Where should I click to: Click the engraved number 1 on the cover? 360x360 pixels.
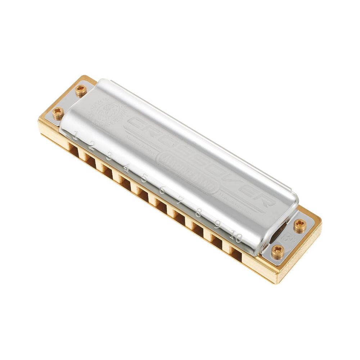[x=75, y=136]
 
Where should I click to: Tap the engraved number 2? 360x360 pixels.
[x=92, y=146]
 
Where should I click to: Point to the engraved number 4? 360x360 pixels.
[x=126, y=168]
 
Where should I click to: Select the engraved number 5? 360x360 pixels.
[x=144, y=178]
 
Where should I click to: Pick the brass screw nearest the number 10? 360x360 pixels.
[x=277, y=251]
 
